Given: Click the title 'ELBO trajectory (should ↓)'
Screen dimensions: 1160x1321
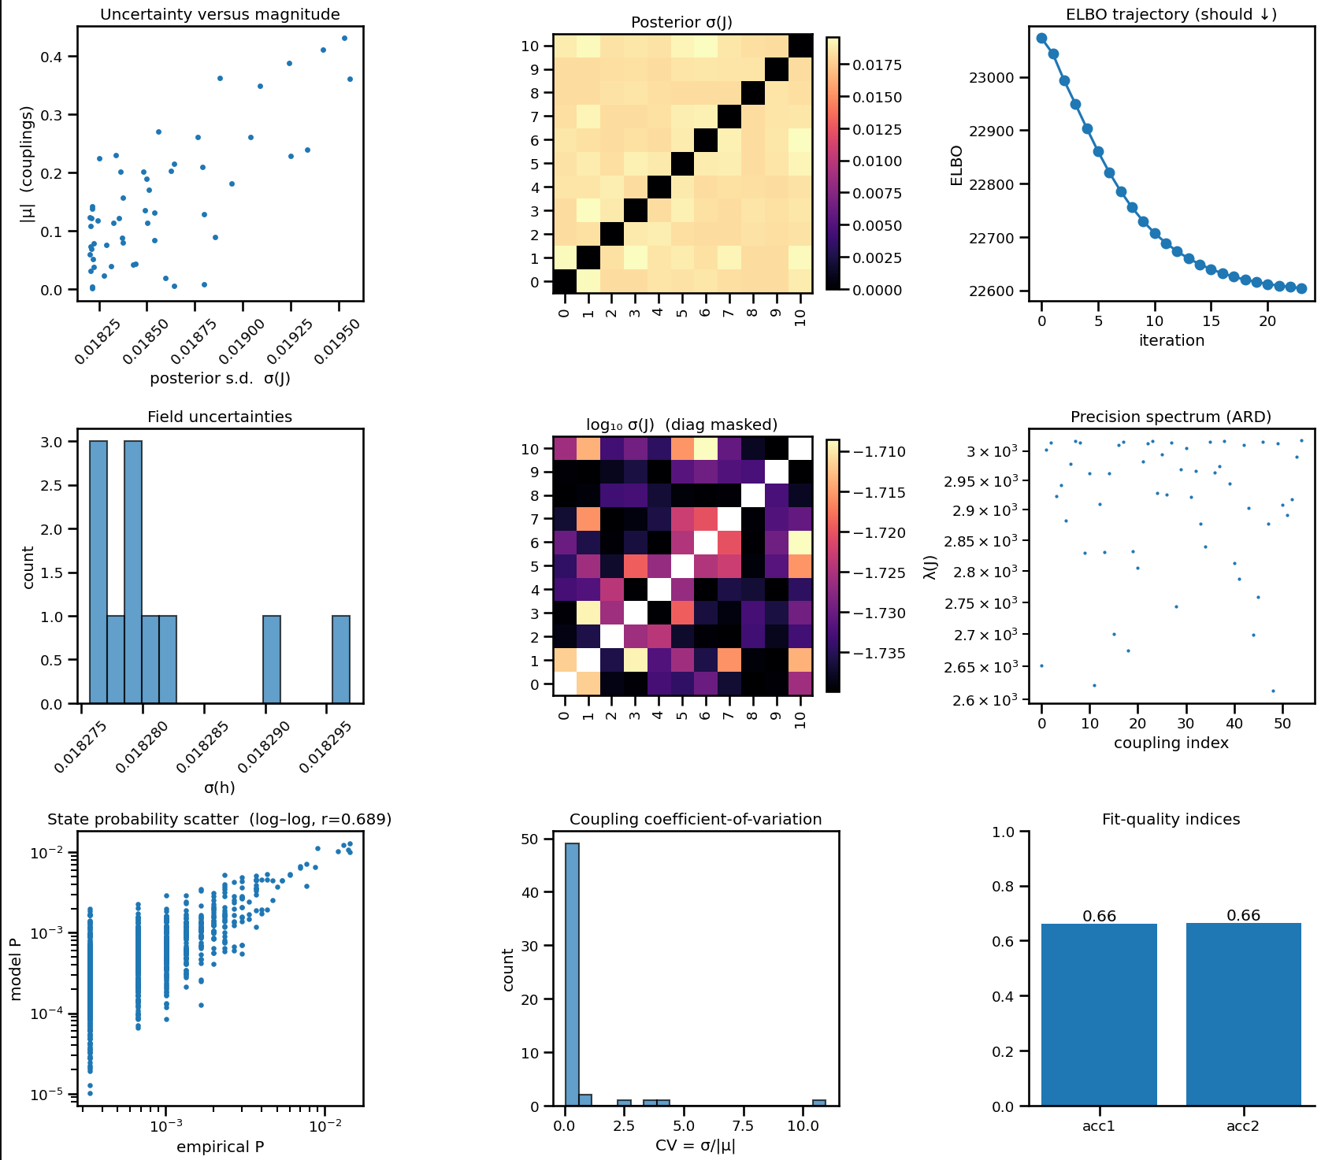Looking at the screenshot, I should (1171, 15).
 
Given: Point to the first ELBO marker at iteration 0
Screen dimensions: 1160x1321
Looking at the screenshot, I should (1041, 38).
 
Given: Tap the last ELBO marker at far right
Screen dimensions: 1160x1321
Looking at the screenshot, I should (1301, 288).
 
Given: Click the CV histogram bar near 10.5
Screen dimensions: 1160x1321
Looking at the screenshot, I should (819, 1103).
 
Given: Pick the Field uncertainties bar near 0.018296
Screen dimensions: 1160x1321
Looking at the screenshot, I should (341, 659).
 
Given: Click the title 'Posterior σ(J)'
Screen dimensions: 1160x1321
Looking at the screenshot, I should (681, 22).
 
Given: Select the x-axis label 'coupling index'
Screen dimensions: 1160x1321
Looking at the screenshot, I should (1171, 743).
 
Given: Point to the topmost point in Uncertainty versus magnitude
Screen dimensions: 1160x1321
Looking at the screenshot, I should (343, 38).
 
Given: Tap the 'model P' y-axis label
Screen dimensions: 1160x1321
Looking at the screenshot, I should (16, 969).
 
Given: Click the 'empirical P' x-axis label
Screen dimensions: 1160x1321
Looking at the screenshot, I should (220, 1147).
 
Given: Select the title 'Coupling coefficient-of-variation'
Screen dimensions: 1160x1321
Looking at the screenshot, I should (695, 819).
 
